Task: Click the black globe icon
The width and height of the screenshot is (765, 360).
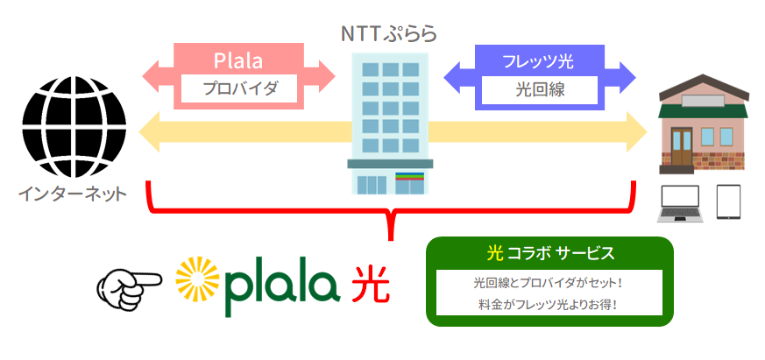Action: pyautogui.click(x=74, y=127)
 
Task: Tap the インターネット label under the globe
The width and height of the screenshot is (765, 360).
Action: pyautogui.click(x=73, y=194)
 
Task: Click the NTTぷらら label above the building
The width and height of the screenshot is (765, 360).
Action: pyautogui.click(x=388, y=34)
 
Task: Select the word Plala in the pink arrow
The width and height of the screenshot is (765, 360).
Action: pyautogui.click(x=238, y=61)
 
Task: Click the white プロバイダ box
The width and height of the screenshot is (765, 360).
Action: pyautogui.click(x=239, y=88)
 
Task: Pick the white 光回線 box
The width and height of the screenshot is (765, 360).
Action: pyautogui.click(x=540, y=89)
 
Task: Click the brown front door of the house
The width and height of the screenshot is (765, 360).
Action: pyautogui.click(x=682, y=146)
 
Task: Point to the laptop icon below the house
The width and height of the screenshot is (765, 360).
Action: pyautogui.click(x=680, y=204)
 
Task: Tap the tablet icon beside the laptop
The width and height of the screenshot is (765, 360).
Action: pyautogui.click(x=728, y=201)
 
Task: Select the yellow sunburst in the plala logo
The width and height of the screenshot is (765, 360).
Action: pyautogui.click(x=197, y=279)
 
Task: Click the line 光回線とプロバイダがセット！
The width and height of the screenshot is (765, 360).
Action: pyautogui.click(x=549, y=282)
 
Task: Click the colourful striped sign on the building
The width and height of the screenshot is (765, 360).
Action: pyautogui.click(x=410, y=176)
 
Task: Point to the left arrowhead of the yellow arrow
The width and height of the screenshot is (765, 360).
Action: pyautogui.click(x=149, y=131)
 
